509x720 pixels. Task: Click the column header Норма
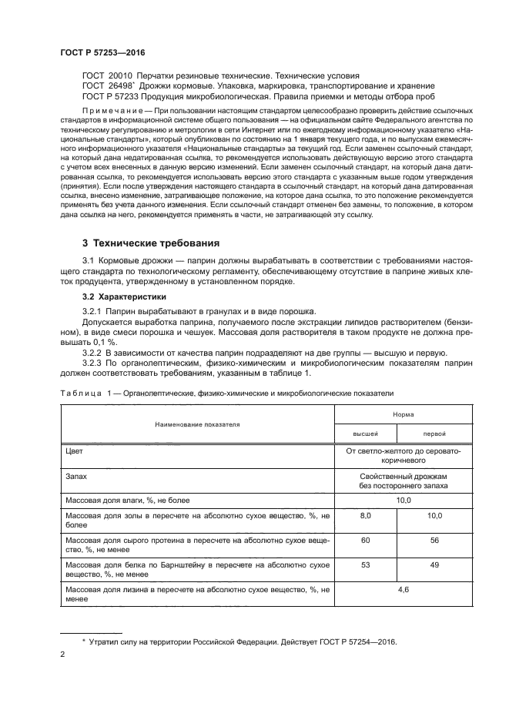point(404,414)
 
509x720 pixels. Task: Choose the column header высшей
point(364,434)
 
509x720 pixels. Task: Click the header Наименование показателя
point(197,424)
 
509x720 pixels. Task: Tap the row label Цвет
point(76,452)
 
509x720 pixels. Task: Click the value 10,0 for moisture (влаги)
point(404,501)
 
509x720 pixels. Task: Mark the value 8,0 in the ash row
point(365,514)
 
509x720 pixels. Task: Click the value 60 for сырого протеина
point(365,541)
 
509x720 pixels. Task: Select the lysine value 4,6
point(404,590)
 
